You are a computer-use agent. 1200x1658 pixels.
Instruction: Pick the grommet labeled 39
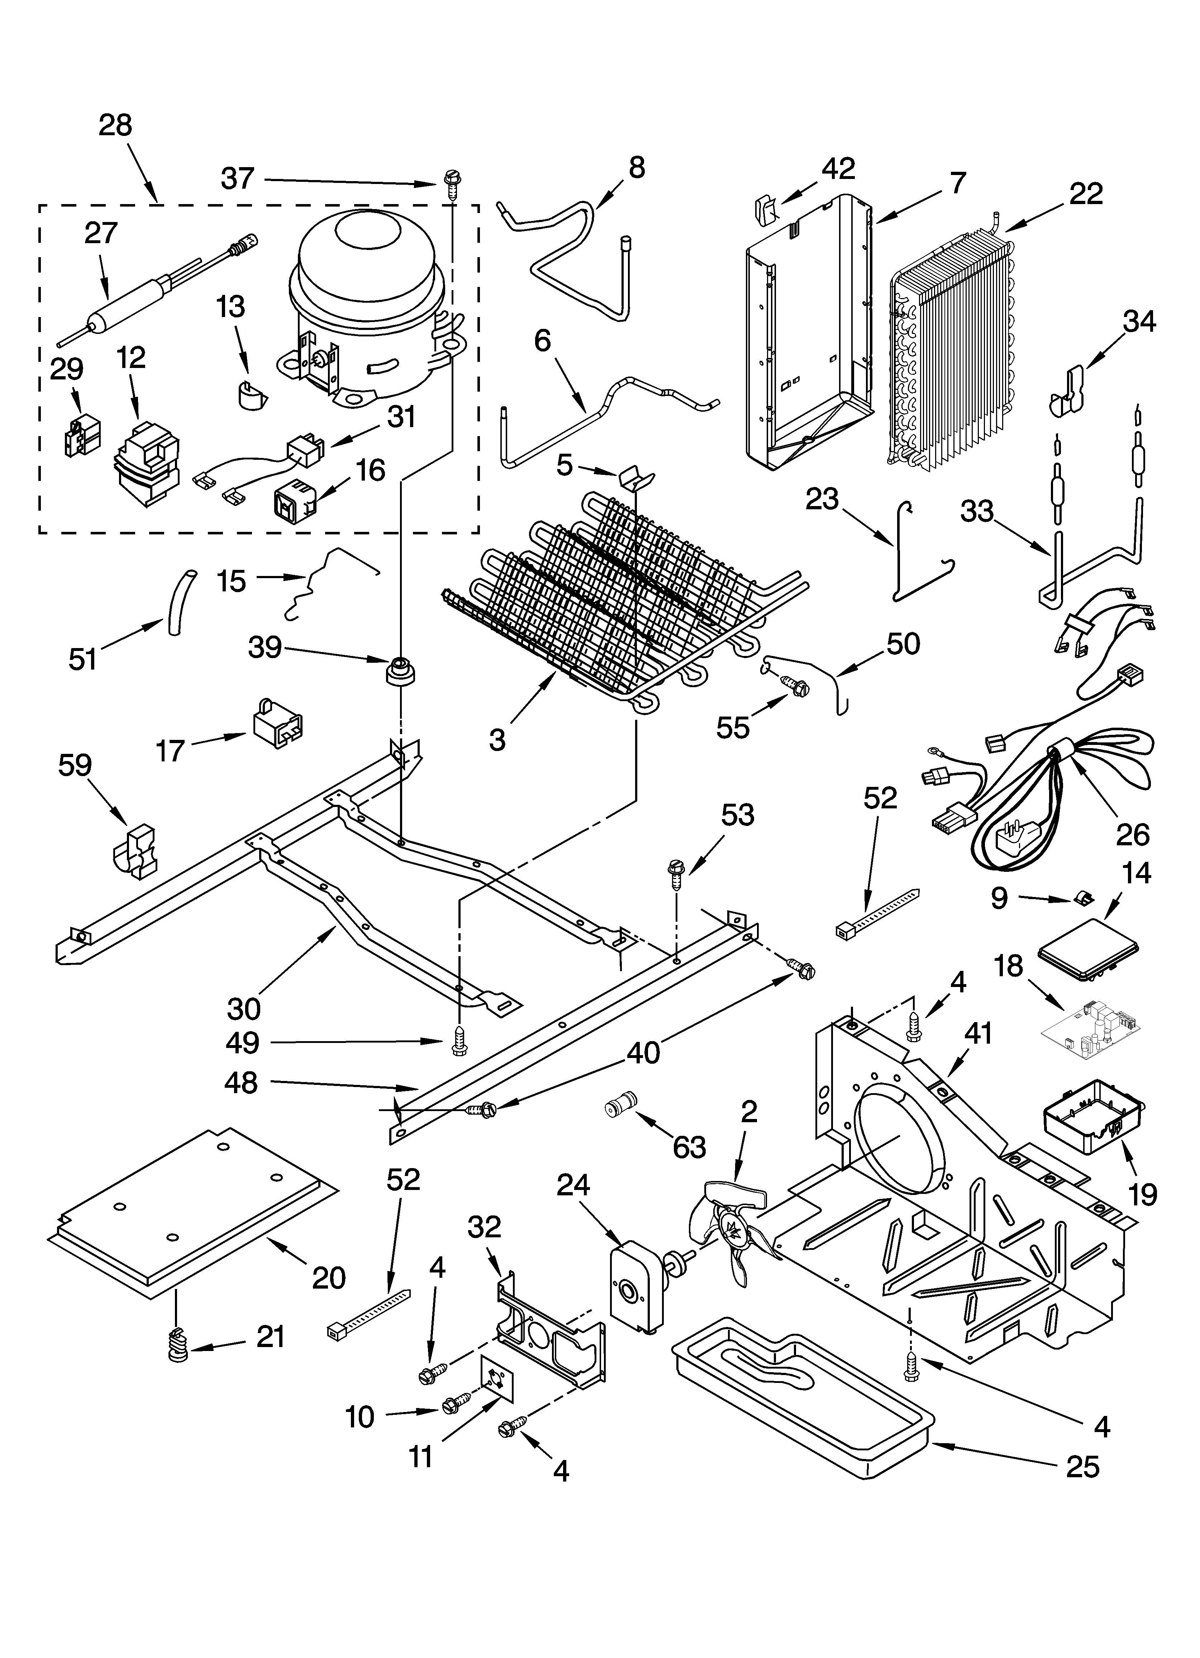point(400,670)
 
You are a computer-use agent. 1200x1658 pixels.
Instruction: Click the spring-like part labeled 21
point(177,1344)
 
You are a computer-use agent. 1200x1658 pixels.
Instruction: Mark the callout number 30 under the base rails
point(243,1010)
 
